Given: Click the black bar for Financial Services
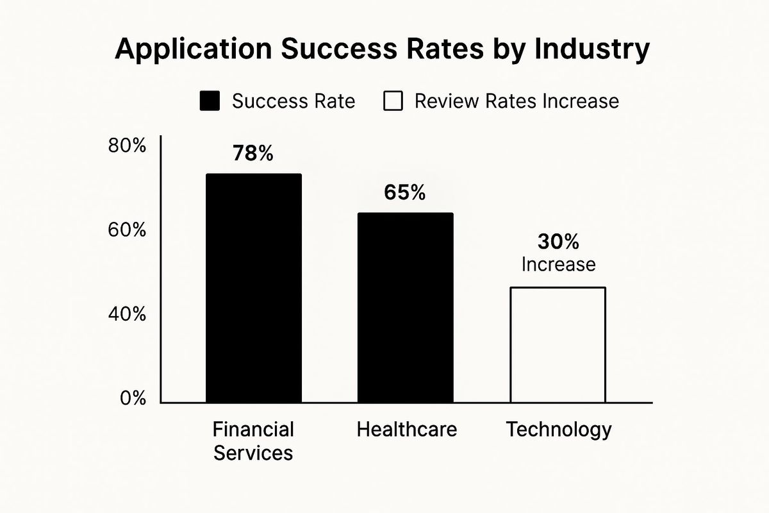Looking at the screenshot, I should tap(253, 289).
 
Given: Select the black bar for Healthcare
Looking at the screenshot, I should tap(405, 308).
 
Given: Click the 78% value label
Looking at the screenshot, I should tap(252, 154).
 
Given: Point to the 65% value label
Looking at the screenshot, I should tap(404, 193).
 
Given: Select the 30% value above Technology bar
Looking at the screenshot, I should tap(558, 242).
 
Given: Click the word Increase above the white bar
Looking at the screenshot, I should tap(558, 264).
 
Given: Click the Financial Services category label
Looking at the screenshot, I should tap(253, 441).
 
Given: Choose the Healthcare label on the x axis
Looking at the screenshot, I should tap(407, 429).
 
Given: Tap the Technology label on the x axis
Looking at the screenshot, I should tap(559, 429).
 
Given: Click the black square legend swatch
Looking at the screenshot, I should tap(210, 101).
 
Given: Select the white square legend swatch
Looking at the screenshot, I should tap(392, 101).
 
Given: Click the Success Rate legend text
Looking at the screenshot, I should tap(293, 101).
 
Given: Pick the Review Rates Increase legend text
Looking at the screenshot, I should tap(517, 101).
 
